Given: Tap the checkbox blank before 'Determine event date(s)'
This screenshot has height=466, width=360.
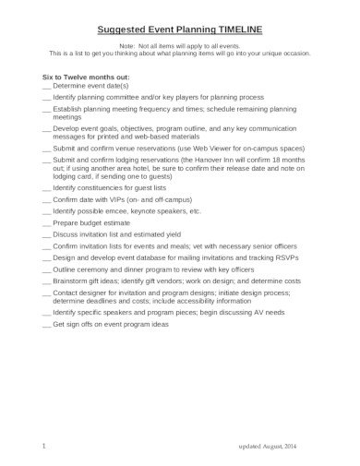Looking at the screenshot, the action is [47, 85].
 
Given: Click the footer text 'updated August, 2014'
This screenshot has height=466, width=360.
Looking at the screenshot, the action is [270, 447].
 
